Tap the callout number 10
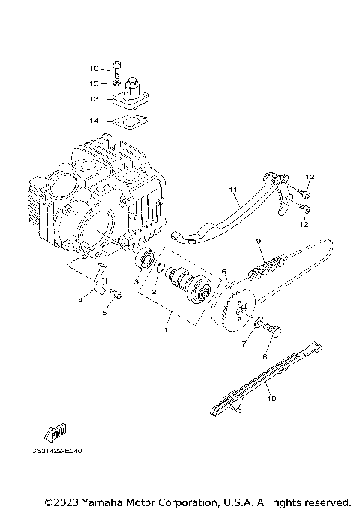click(271, 398)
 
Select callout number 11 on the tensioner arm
click(232, 190)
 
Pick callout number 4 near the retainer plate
click(80, 300)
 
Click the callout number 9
click(257, 241)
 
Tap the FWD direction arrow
click(55, 433)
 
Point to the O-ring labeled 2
click(162, 268)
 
